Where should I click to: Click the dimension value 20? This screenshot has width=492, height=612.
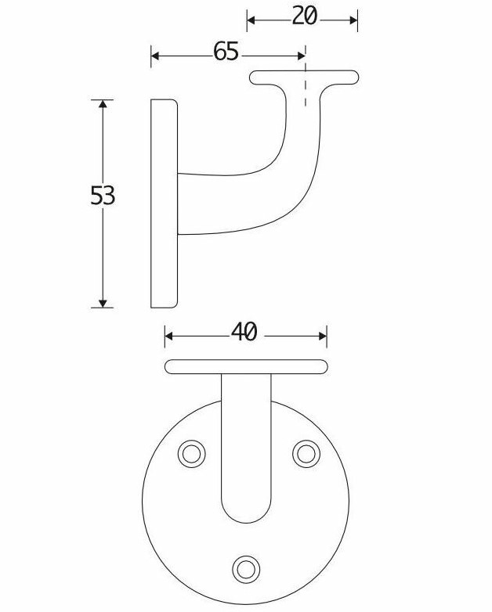point(304,16)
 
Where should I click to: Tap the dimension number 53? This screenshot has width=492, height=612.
point(103,195)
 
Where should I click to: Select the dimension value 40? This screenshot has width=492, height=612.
point(244,333)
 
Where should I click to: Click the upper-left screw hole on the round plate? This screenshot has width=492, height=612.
point(190,453)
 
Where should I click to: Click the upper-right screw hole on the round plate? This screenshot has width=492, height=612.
point(306,453)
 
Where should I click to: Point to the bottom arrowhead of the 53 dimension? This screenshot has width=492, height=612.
point(103,302)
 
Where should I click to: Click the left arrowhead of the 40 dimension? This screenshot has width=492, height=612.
point(170,337)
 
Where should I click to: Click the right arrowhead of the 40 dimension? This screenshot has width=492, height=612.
point(321,337)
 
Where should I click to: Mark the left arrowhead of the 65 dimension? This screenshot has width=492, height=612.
point(156,56)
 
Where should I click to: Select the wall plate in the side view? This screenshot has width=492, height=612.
point(164,203)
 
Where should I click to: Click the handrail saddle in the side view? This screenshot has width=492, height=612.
point(304,77)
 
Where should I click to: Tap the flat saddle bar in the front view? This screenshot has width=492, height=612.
point(246,366)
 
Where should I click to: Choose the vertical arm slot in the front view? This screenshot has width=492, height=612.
point(247,446)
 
